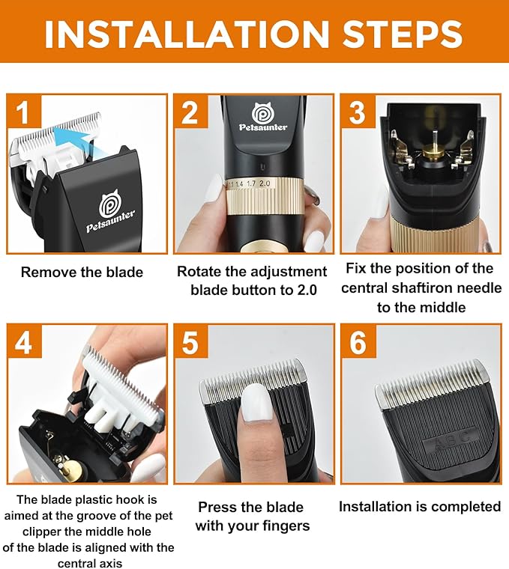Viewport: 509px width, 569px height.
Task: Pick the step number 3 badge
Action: coord(358,112)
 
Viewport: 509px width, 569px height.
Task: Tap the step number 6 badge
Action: coord(358,342)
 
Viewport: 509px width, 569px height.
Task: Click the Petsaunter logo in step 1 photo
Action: coord(111,212)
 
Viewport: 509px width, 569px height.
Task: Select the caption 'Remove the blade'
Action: coord(82,273)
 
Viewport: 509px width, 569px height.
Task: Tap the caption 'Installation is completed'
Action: coord(420,507)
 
